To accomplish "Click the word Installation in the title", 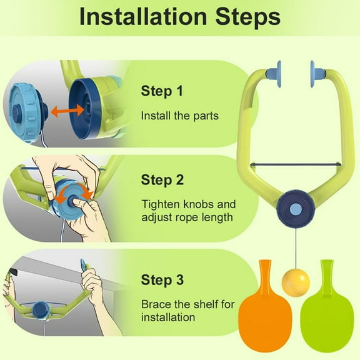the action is point(143,17).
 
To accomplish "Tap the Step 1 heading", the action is point(162,91).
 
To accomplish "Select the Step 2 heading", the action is point(162,180).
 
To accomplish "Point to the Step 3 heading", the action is point(162,280).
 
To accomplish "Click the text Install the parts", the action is point(180,116).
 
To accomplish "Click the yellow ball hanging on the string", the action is point(296,283).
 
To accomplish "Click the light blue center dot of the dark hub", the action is point(296,209).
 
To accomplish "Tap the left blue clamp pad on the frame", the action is point(274,74).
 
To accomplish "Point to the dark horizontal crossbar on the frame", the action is point(296,164).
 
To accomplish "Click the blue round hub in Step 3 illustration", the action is point(41,310).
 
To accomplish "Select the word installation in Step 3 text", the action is point(168,317).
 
